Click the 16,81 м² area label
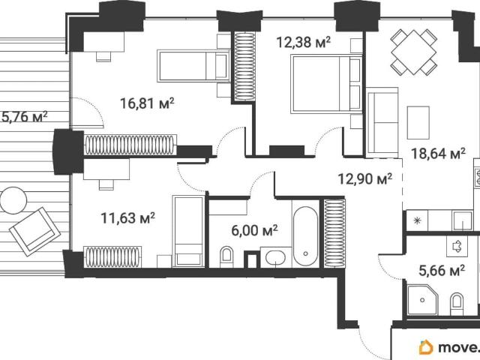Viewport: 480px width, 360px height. pyautogui.click(x=147, y=103)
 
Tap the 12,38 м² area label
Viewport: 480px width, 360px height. pyautogui.click(x=303, y=42)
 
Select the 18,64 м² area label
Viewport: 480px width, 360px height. pyautogui.click(x=438, y=153)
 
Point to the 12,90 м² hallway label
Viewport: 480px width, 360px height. pyautogui.click(x=365, y=178)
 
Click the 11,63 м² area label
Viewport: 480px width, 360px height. pyautogui.click(x=128, y=218)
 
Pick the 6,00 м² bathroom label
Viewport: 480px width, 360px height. pyautogui.click(x=255, y=230)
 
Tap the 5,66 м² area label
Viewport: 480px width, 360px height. pyautogui.click(x=442, y=270)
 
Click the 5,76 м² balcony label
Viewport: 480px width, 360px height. pyautogui.click(x=25, y=117)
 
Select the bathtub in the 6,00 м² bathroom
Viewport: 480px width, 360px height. pyautogui.click(x=305, y=237)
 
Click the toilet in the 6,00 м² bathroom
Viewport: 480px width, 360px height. pyautogui.click(x=226, y=256)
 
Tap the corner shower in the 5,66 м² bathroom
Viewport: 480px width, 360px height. pyautogui.click(x=422, y=300)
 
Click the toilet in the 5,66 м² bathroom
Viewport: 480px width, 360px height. pyautogui.click(x=457, y=304)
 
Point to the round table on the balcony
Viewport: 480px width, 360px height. pyautogui.click(x=13, y=200)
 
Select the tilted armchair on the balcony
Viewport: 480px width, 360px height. pyautogui.click(x=34, y=232)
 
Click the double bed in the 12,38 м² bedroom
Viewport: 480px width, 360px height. pyautogui.click(x=326, y=84)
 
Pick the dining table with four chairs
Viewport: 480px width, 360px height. pyautogui.click(x=413, y=52)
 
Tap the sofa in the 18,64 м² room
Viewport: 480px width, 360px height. pyautogui.click(x=382, y=122)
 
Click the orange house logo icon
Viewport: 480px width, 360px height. pyautogui.click(x=426, y=347)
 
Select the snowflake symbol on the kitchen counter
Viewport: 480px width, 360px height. pyautogui.click(x=417, y=220)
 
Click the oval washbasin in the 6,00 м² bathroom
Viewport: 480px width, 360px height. pyautogui.click(x=275, y=257)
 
